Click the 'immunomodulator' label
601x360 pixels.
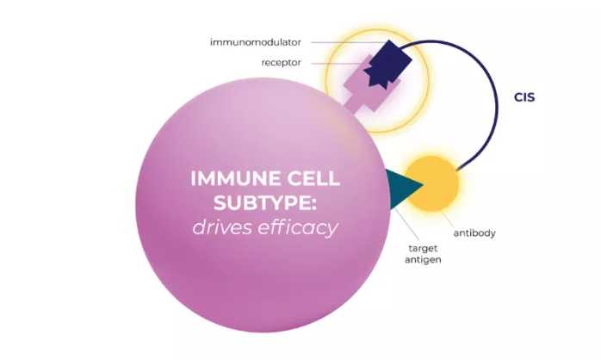click(255, 42)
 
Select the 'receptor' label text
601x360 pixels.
click(281, 63)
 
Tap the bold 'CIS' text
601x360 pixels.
click(524, 97)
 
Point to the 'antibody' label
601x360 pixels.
click(474, 233)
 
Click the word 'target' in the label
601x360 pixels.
click(423, 248)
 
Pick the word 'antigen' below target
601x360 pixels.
click(423, 260)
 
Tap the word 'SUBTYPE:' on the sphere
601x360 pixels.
click(265, 202)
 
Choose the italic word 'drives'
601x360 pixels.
click(221, 227)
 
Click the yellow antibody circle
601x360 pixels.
click(432, 183)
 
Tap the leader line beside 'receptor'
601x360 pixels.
click(337, 63)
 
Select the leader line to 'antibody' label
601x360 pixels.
click(449, 220)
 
